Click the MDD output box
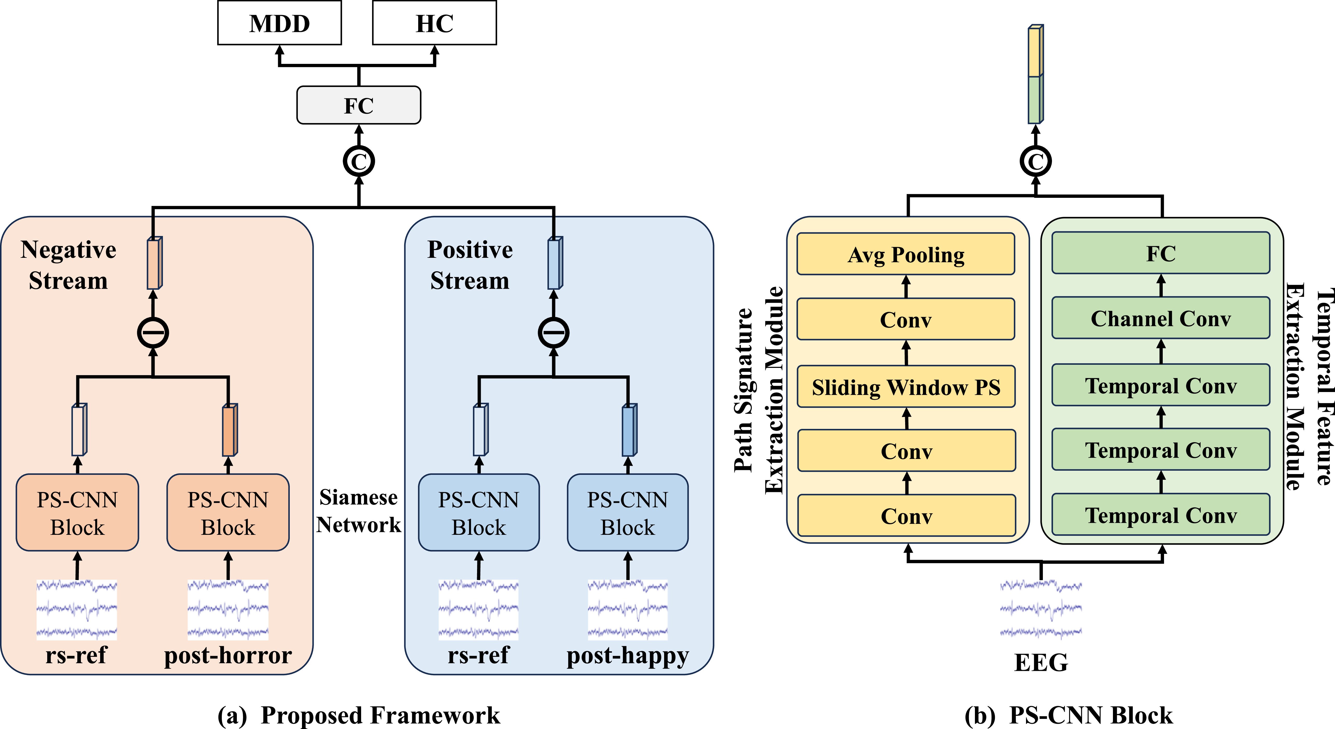click(x=279, y=23)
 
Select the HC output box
click(x=434, y=23)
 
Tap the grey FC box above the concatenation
click(x=359, y=105)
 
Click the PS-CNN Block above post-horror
click(x=228, y=512)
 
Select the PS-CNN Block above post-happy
click(x=628, y=512)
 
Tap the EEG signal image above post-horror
click(x=228, y=610)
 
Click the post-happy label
click(x=628, y=656)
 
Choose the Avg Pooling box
click(x=906, y=254)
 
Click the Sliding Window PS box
click(x=906, y=387)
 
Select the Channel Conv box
click(x=1161, y=318)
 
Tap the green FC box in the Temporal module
click(x=1161, y=253)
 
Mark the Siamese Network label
click(x=359, y=511)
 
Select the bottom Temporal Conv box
click(x=1161, y=515)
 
